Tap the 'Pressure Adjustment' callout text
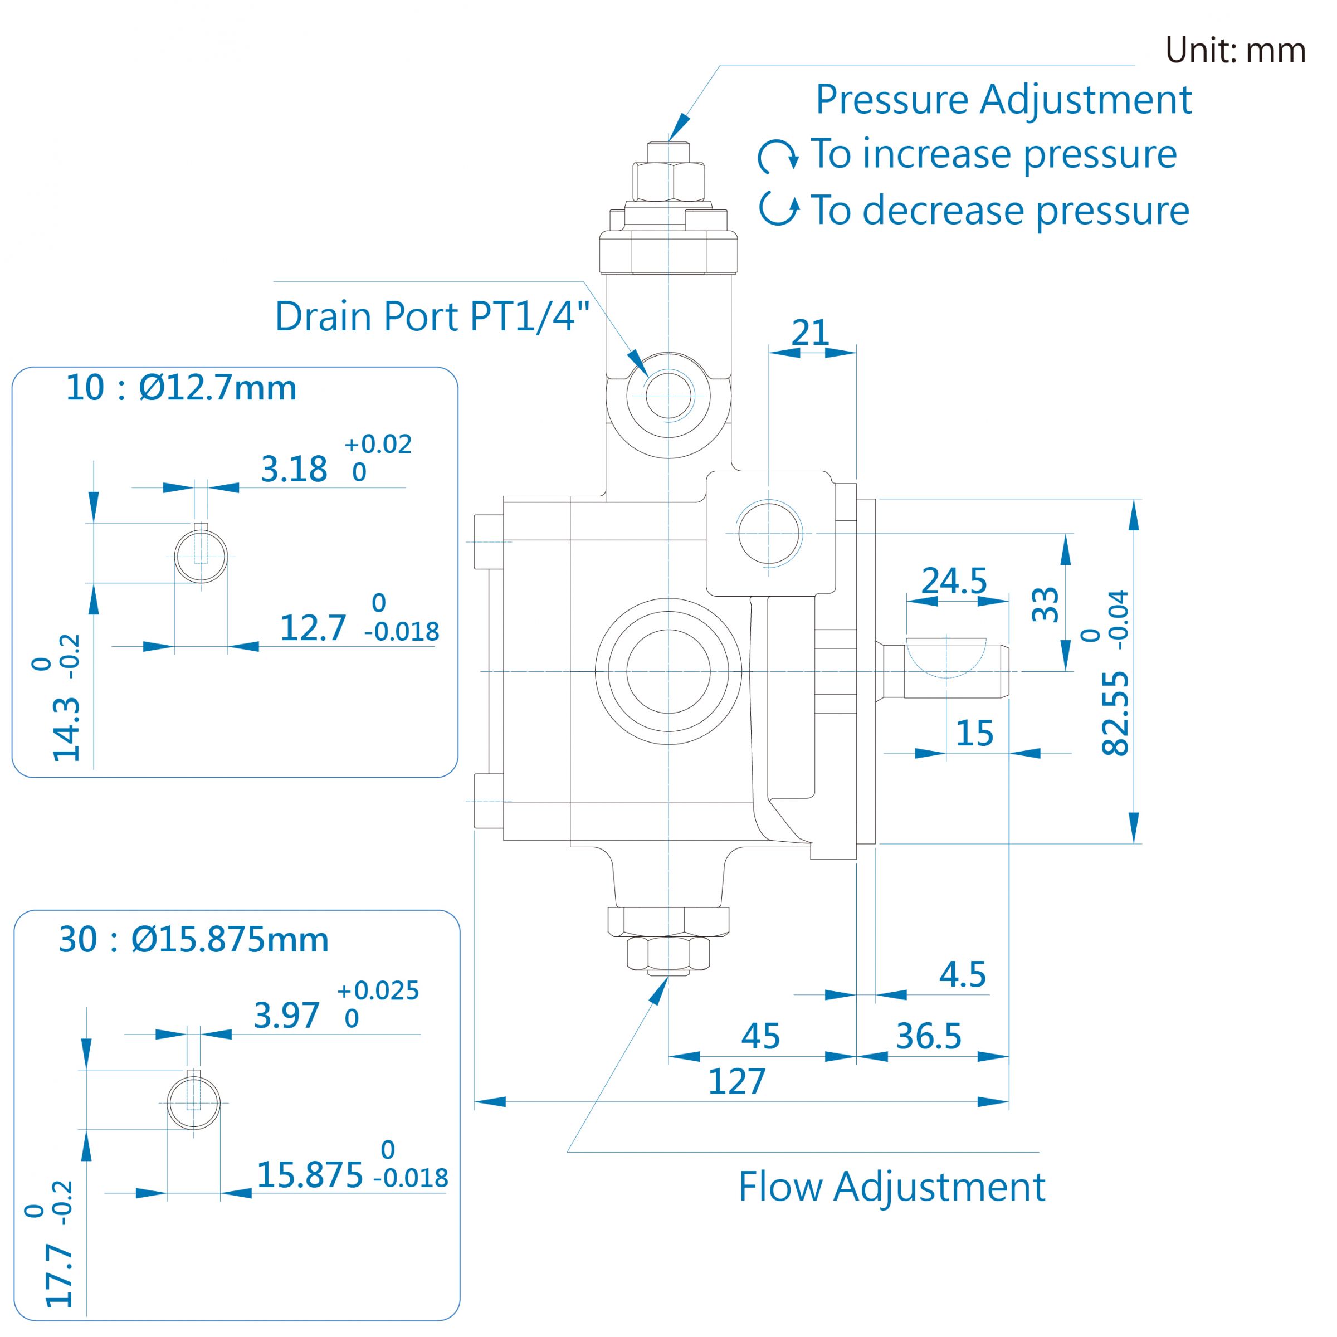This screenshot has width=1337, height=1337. click(x=1003, y=100)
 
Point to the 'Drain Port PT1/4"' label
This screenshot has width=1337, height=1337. click(x=432, y=316)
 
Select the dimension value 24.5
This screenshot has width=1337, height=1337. click(x=954, y=581)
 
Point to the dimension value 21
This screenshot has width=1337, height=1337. click(x=809, y=333)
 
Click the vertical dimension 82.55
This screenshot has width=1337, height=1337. click(x=1115, y=713)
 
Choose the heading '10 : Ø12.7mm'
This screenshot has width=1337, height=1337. click(x=181, y=388)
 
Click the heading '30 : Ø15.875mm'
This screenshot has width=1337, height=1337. click(x=194, y=940)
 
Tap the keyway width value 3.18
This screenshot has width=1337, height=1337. click(x=294, y=469)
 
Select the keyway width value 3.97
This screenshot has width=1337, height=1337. click(x=286, y=1016)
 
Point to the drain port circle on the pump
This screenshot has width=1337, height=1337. click(x=668, y=396)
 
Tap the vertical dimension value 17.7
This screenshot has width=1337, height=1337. click(x=60, y=1275)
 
